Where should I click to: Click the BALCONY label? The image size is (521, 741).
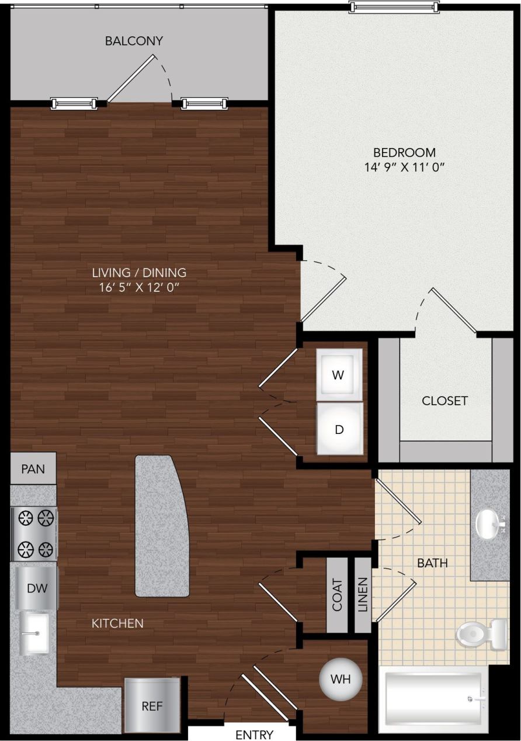134,41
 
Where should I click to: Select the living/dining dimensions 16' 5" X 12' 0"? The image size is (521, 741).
139,287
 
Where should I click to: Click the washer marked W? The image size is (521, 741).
339,375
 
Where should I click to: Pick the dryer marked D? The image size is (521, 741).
339,429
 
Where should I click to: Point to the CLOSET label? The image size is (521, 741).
445,401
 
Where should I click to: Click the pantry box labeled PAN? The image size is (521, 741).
33,468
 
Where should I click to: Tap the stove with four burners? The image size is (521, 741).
34,533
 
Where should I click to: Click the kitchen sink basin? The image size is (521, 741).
34,633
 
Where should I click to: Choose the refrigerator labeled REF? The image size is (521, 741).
152,705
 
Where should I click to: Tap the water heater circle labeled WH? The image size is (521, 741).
341,680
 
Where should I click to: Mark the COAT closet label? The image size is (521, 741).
337,595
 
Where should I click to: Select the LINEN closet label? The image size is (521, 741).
363,595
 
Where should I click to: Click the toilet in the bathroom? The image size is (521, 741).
481,634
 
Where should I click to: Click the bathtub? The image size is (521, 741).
433,698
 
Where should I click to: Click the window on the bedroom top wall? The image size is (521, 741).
394,7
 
